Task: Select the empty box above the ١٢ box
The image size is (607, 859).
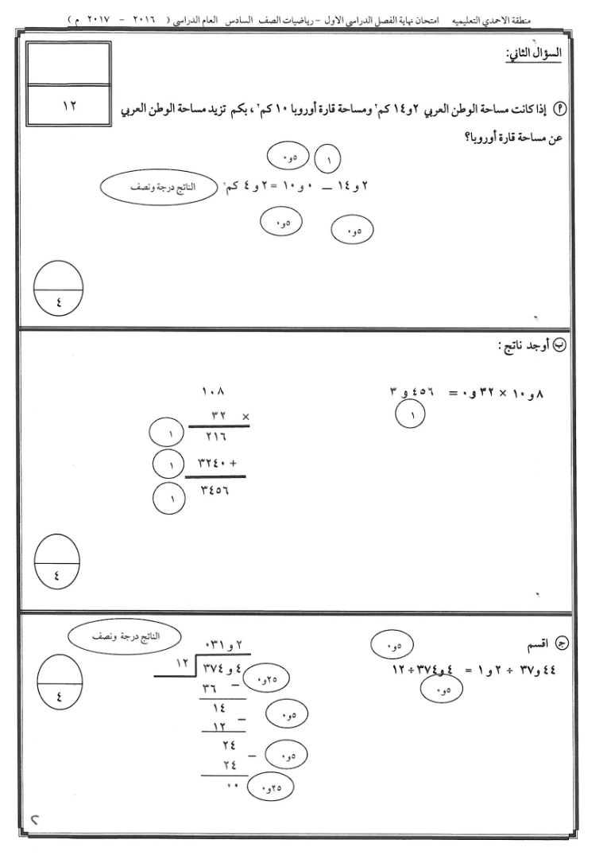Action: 68,63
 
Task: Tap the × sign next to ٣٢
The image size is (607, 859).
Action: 245,414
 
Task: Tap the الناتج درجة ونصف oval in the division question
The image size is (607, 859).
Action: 124,636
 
